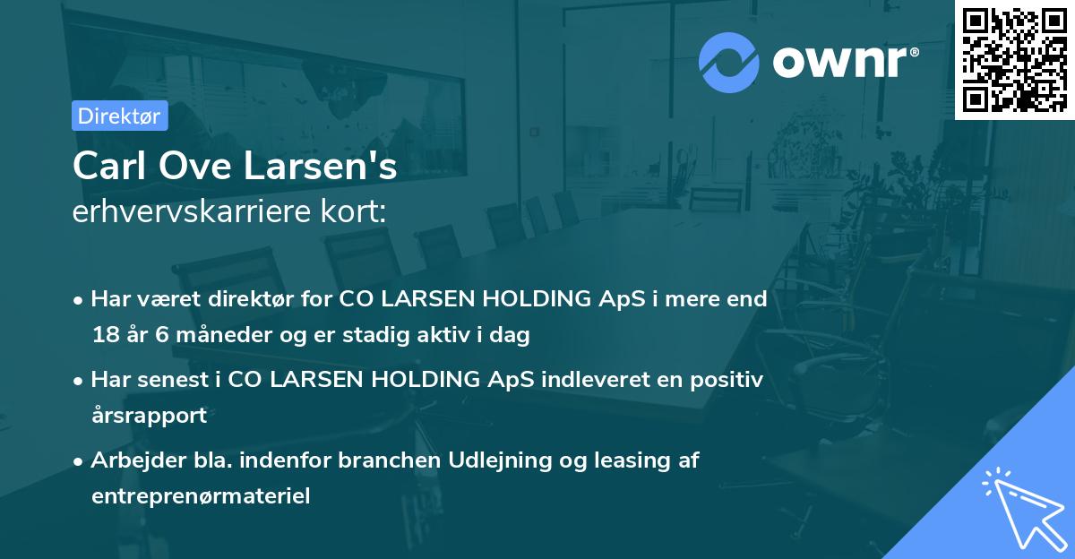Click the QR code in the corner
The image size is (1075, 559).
click(1014, 59)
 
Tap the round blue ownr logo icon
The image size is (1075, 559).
click(729, 63)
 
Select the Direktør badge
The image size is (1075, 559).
click(119, 116)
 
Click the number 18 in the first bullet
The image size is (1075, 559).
click(104, 336)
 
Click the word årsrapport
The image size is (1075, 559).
click(149, 416)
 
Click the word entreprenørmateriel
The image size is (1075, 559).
click(201, 496)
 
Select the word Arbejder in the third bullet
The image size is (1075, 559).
click(131, 460)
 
